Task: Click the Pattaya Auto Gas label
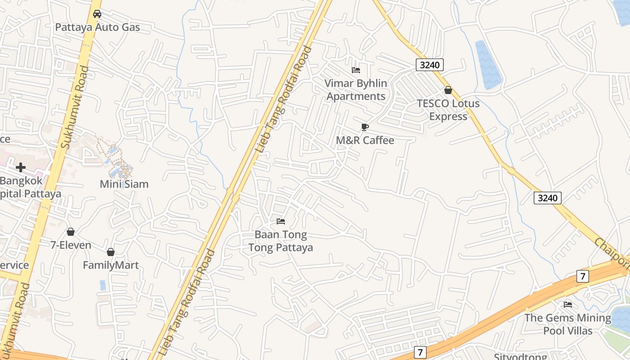point(98,27)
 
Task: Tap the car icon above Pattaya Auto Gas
point(97,14)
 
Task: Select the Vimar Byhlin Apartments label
point(356,90)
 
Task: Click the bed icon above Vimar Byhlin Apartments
point(356,70)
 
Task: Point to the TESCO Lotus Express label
point(448,110)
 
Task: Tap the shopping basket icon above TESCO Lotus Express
point(448,90)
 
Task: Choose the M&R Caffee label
point(365,140)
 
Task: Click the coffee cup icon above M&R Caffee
point(365,127)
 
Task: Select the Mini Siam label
point(124,184)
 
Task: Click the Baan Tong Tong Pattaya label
point(281,241)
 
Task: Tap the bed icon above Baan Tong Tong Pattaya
point(281,221)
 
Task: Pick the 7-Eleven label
point(71,245)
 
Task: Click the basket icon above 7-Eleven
point(71,232)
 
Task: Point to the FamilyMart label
point(111,265)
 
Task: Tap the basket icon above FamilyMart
point(111,252)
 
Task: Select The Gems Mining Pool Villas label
point(568,324)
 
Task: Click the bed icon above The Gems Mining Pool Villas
point(568,305)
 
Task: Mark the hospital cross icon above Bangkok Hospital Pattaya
point(21,167)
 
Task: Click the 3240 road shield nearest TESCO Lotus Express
point(430,65)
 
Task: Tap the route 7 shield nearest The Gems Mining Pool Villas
point(583,276)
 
